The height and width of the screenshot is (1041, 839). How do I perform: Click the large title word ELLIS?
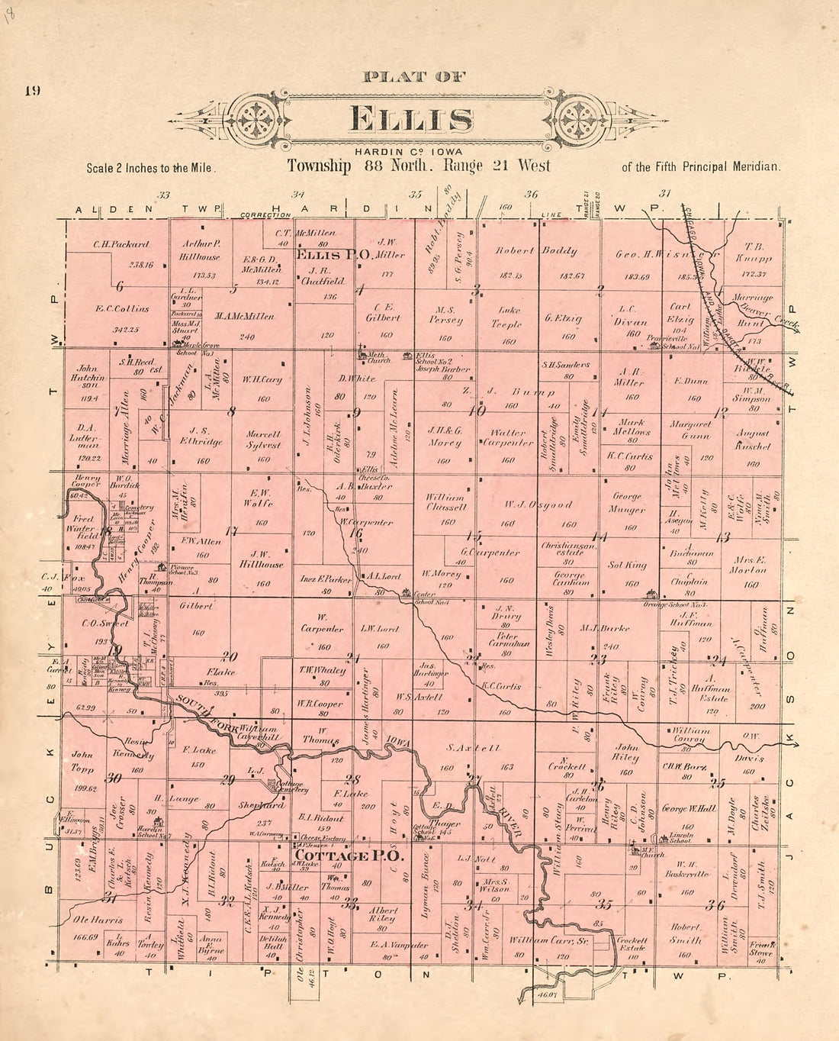point(411,120)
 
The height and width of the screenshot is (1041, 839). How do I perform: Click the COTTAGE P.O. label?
point(349,856)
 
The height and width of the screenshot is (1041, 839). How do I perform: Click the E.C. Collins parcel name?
point(122,309)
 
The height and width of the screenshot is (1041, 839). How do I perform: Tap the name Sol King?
point(628,566)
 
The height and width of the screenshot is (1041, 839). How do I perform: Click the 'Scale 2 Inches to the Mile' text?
point(152,168)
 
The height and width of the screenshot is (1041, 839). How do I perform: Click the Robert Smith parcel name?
point(685,934)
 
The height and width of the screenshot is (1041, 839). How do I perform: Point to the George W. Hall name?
point(689,808)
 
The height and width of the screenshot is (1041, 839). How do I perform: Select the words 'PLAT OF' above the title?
point(415,76)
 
